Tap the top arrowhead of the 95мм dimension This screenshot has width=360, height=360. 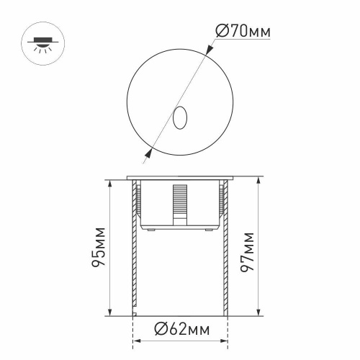click(x=109, y=181)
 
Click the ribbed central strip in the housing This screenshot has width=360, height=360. click(x=179, y=202)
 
